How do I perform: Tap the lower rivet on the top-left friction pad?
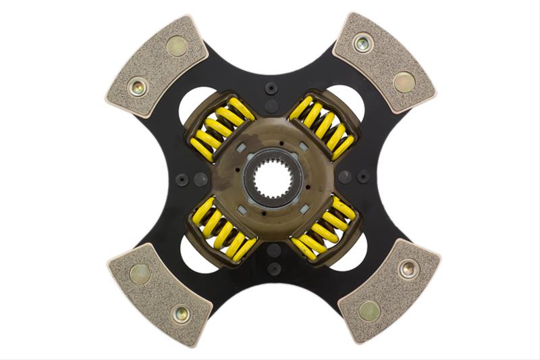138,87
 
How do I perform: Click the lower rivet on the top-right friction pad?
404,82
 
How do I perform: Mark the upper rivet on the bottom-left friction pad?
139,273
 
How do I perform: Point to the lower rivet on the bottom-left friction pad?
180,313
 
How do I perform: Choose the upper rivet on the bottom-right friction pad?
408,269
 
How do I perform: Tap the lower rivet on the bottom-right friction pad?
369,311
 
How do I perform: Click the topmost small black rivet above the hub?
271,88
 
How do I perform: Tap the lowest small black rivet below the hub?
273,268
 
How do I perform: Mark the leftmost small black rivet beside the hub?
182,179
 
